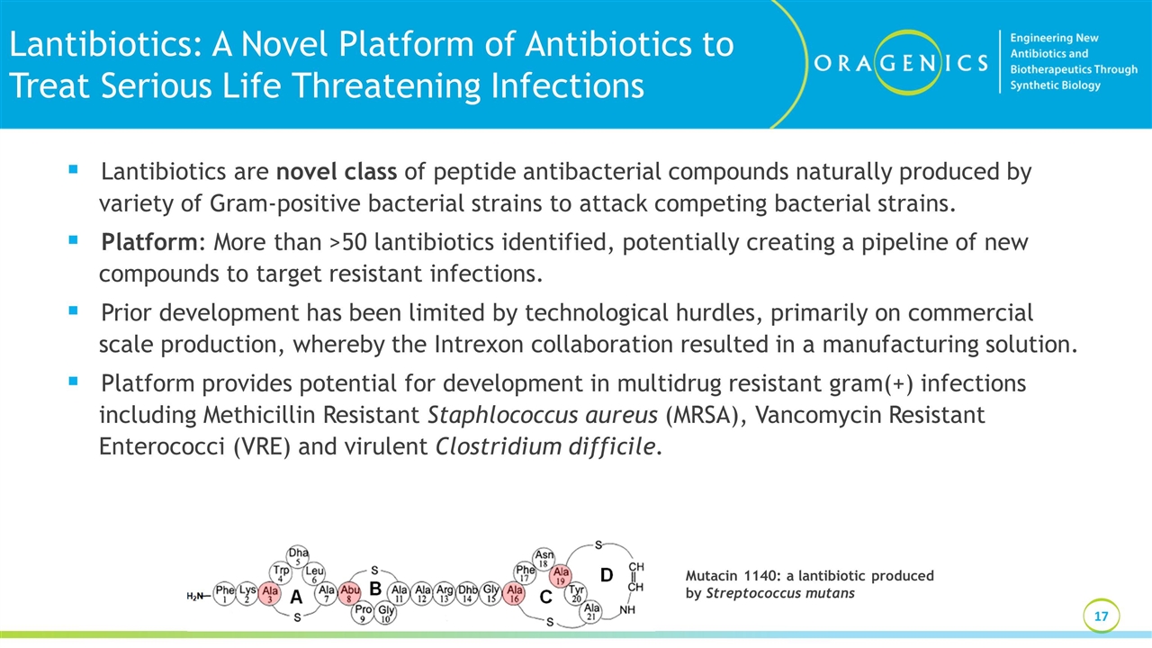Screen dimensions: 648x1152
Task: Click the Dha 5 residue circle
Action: point(298,556)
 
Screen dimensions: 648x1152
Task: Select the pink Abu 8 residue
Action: point(349,594)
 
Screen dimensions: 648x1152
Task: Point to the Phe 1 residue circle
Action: point(225,594)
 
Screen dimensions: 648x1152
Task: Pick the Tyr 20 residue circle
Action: point(577,593)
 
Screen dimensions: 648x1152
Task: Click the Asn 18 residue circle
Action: point(544,559)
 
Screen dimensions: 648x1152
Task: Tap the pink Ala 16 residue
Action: point(515,594)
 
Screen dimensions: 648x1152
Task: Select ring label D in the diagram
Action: point(606,574)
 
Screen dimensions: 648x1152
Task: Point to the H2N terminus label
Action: point(196,596)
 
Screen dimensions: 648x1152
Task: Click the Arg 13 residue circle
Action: point(445,594)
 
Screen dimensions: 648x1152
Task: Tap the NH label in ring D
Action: point(628,610)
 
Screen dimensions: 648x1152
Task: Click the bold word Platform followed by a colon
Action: point(148,243)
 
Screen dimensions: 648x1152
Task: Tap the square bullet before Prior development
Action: point(73,311)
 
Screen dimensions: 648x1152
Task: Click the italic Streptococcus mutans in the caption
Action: point(780,593)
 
